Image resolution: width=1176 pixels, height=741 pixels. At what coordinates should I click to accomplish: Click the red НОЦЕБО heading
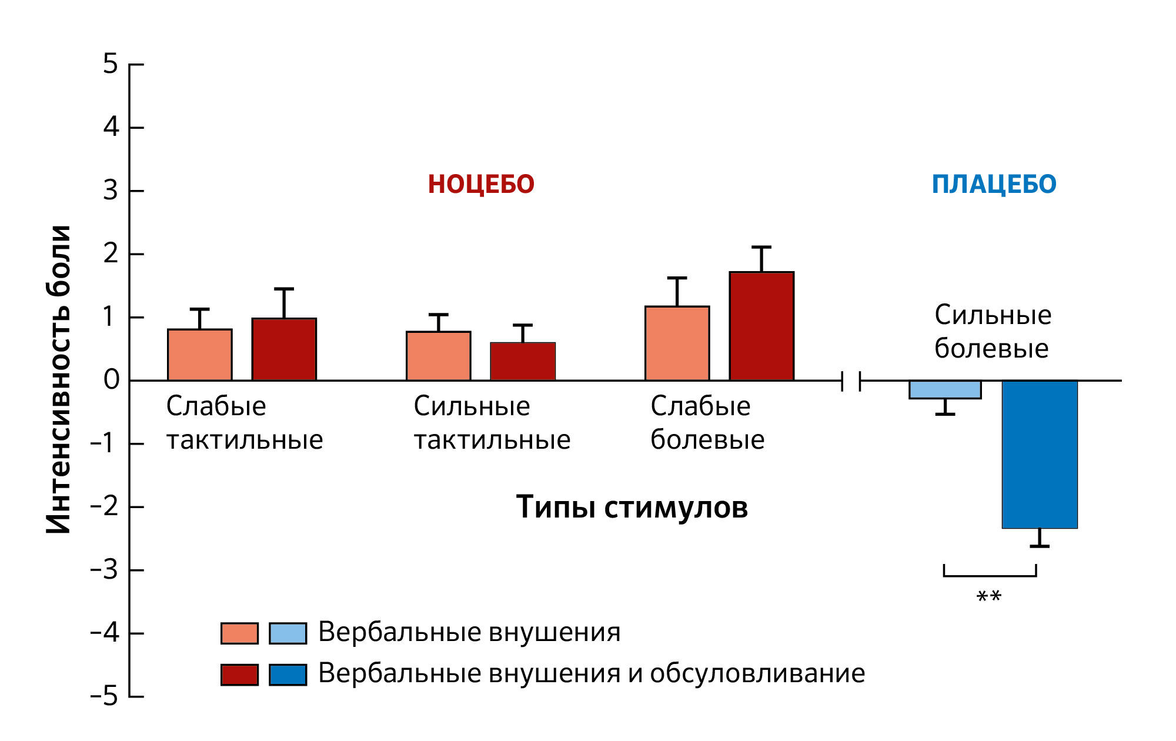click(481, 184)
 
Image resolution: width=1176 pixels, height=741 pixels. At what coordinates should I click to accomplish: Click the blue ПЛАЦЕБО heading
click(994, 184)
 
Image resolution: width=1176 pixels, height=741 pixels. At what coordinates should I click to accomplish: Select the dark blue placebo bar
click(1040, 454)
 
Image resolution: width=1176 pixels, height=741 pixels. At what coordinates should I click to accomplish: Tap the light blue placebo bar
click(945, 390)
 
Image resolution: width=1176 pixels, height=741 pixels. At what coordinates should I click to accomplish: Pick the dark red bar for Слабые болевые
click(761, 326)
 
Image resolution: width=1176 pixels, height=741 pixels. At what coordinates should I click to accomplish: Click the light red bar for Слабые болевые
click(677, 343)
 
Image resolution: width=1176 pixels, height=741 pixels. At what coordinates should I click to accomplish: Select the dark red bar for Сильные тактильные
click(523, 361)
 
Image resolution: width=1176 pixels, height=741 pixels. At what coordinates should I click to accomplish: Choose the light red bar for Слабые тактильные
click(200, 355)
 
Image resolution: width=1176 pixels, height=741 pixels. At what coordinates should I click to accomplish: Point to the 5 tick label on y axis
click(111, 64)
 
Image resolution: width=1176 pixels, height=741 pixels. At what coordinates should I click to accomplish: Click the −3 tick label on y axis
click(105, 570)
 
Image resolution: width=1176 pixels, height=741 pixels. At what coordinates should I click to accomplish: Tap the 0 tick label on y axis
click(111, 380)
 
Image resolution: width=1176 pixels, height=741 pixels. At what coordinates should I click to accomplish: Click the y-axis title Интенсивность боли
click(59, 379)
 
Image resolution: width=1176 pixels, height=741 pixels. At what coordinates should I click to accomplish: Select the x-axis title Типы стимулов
click(632, 506)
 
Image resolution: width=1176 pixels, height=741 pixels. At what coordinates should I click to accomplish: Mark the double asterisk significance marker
click(988, 598)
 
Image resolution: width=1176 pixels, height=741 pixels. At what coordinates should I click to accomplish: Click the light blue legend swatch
click(288, 633)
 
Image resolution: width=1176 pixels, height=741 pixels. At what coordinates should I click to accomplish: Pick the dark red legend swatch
click(239, 675)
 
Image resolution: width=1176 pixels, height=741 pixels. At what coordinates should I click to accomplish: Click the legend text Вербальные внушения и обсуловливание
click(591, 673)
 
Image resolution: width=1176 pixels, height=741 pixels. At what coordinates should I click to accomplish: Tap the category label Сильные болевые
click(993, 332)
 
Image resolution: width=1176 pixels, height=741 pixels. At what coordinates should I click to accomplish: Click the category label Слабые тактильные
click(244, 423)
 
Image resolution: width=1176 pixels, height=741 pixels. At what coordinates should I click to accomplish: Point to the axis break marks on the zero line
click(851, 381)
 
